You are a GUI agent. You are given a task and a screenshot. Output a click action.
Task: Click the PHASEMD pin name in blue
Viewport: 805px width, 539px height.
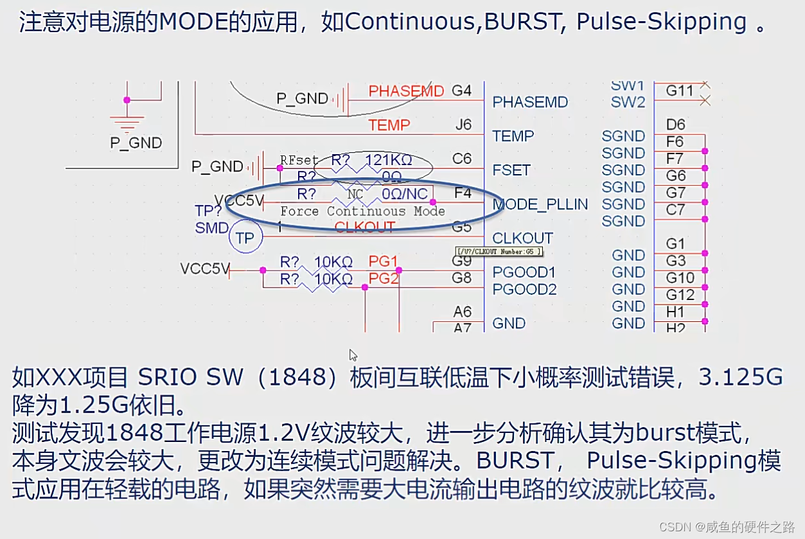530,102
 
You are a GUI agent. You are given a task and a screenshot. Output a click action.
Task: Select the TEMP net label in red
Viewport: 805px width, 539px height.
389,125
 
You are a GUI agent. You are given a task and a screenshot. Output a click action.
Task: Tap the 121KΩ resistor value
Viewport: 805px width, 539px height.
388,159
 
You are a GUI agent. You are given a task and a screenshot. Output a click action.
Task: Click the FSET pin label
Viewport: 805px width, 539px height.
511,170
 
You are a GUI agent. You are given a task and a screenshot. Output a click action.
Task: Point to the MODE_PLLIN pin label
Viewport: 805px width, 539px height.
540,204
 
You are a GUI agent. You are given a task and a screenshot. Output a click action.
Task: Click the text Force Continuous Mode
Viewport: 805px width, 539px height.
362,211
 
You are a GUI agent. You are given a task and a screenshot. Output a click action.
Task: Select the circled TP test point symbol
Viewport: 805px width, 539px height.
245,238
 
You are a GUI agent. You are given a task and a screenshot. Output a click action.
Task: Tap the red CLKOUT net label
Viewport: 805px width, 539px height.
365,227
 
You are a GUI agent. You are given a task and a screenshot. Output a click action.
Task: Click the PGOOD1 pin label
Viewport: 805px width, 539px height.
524,272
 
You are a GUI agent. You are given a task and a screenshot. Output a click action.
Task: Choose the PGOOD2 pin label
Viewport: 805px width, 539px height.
524,289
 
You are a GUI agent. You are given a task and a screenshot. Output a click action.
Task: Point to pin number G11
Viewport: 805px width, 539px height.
679,91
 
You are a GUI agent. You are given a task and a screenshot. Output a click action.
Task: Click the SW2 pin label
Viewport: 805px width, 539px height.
628,102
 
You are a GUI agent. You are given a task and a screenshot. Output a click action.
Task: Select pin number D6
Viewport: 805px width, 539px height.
675,125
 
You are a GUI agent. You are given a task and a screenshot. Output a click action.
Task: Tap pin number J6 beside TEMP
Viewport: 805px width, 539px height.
463,125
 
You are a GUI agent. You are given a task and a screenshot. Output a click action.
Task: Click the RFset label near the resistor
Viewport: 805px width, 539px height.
299,159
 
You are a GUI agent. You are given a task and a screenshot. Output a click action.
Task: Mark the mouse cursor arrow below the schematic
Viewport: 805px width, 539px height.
353,355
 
